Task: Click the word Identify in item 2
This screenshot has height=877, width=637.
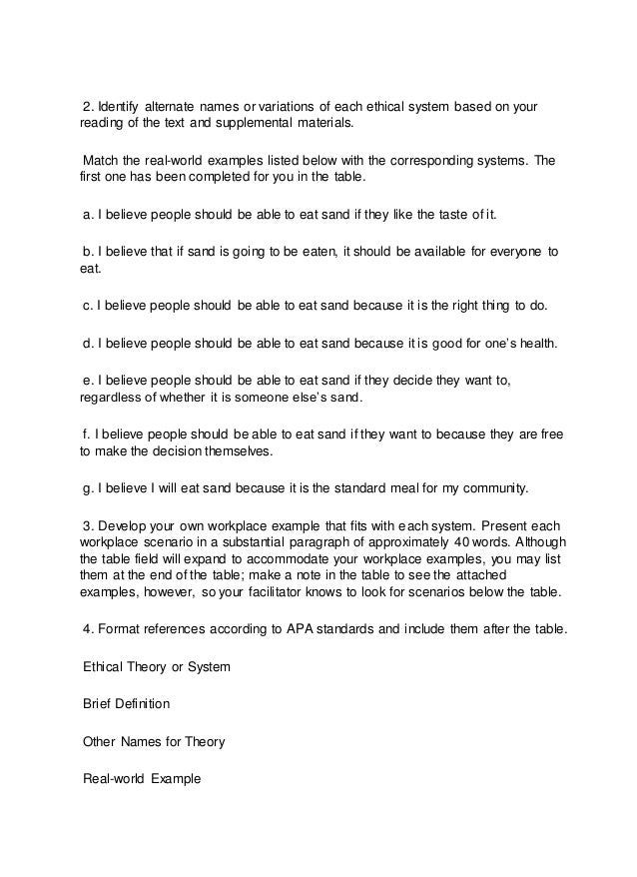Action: tap(118, 109)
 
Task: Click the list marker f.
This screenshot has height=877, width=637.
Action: tap(85, 435)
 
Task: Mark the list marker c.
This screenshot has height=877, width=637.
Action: tap(86, 305)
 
